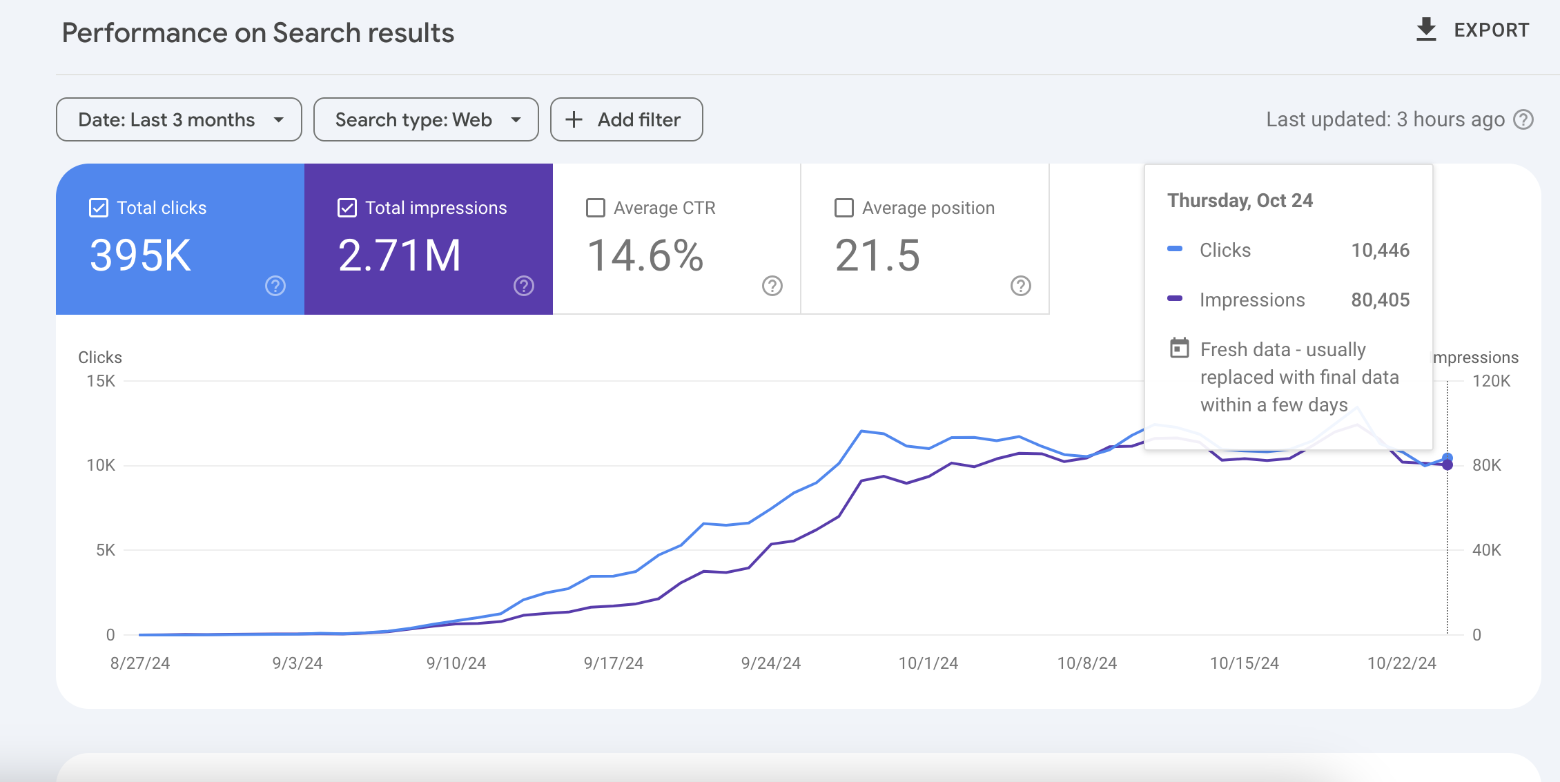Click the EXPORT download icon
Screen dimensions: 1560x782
click(x=1426, y=30)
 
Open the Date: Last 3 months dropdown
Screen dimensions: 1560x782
click(x=179, y=119)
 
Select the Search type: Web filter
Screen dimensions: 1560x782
click(x=426, y=119)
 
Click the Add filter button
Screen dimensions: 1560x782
click(x=626, y=119)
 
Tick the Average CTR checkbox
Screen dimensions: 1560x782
click(x=596, y=208)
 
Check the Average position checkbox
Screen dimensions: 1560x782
click(x=844, y=208)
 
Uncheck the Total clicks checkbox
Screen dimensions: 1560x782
click(x=99, y=208)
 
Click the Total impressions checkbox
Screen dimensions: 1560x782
click(x=347, y=208)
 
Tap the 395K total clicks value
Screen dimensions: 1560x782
click(x=141, y=255)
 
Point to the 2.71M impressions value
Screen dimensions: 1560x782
click(x=400, y=255)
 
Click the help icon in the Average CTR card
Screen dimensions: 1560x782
click(x=772, y=286)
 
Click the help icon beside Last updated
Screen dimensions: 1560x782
click(x=1523, y=119)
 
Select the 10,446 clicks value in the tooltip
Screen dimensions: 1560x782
click(x=1381, y=250)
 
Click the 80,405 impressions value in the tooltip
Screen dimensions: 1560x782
click(x=1381, y=300)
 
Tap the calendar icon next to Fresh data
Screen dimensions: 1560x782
click(x=1180, y=348)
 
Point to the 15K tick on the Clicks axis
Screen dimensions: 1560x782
click(x=101, y=381)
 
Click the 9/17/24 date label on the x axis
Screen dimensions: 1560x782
click(x=614, y=663)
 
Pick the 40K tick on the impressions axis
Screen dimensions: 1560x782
click(x=1487, y=550)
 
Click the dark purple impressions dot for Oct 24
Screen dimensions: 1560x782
click(x=1447, y=465)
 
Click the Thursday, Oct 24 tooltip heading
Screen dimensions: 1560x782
click(x=1240, y=201)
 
